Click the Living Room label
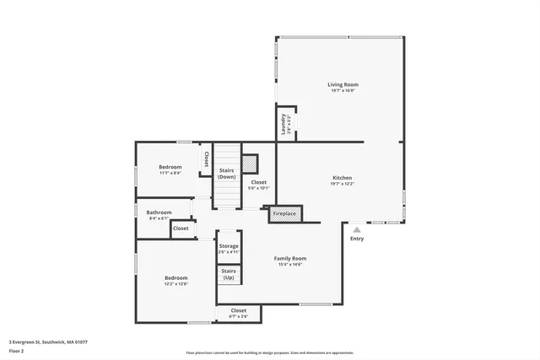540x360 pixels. (343, 84)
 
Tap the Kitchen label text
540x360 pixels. (342, 178)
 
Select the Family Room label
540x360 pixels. (289, 258)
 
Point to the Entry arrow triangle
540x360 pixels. (357, 228)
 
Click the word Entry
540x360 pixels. (357, 238)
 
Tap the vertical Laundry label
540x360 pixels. (284, 125)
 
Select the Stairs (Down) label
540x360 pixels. (226, 174)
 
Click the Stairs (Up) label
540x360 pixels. (229, 274)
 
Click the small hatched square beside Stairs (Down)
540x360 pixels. (250, 162)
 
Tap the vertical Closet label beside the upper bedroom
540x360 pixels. (206, 159)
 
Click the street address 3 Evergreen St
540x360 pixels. (48, 342)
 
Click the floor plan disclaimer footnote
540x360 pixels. (269, 352)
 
